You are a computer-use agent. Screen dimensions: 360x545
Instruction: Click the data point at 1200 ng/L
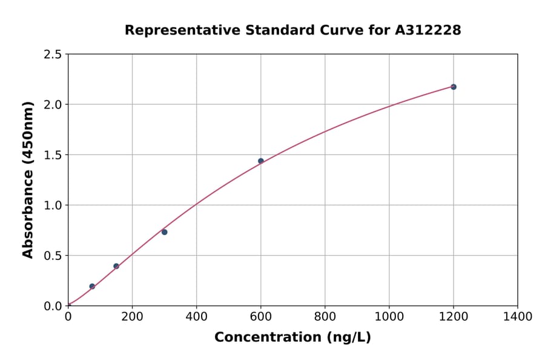pyautogui.click(x=453, y=87)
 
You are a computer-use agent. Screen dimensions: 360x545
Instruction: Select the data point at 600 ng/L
pyautogui.click(x=261, y=161)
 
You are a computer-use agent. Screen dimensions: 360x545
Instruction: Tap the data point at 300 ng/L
pyautogui.click(x=164, y=232)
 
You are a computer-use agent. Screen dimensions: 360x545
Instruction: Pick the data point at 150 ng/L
pyautogui.click(x=116, y=266)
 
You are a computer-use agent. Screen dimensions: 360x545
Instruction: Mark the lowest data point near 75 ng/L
pyautogui.click(x=92, y=286)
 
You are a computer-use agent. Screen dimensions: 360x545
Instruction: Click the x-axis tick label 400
pyautogui.click(x=196, y=316)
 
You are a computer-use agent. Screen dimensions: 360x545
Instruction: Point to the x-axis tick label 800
pyautogui.click(x=325, y=316)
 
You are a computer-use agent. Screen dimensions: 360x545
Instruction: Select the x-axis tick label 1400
pyautogui.click(x=517, y=316)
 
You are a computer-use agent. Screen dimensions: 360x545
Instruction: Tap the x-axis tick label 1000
pyautogui.click(x=389, y=316)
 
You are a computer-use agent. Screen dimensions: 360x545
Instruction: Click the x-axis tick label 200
pyautogui.click(x=132, y=316)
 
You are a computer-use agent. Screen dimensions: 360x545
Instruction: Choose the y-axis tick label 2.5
pyautogui.click(x=53, y=55)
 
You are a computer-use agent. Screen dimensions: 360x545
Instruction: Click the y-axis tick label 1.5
pyautogui.click(x=53, y=155)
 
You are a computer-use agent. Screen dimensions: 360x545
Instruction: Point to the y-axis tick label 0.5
pyautogui.click(x=53, y=256)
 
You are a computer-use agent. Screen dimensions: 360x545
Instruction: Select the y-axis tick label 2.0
pyautogui.click(x=53, y=105)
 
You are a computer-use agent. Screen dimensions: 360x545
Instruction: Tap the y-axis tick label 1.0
pyautogui.click(x=53, y=205)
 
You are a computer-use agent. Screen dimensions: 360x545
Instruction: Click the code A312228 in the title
pyautogui.click(x=428, y=30)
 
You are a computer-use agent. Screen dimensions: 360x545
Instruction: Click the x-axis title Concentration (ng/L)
pyautogui.click(x=292, y=337)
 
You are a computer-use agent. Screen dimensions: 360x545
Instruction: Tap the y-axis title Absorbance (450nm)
pyautogui.click(x=28, y=179)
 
